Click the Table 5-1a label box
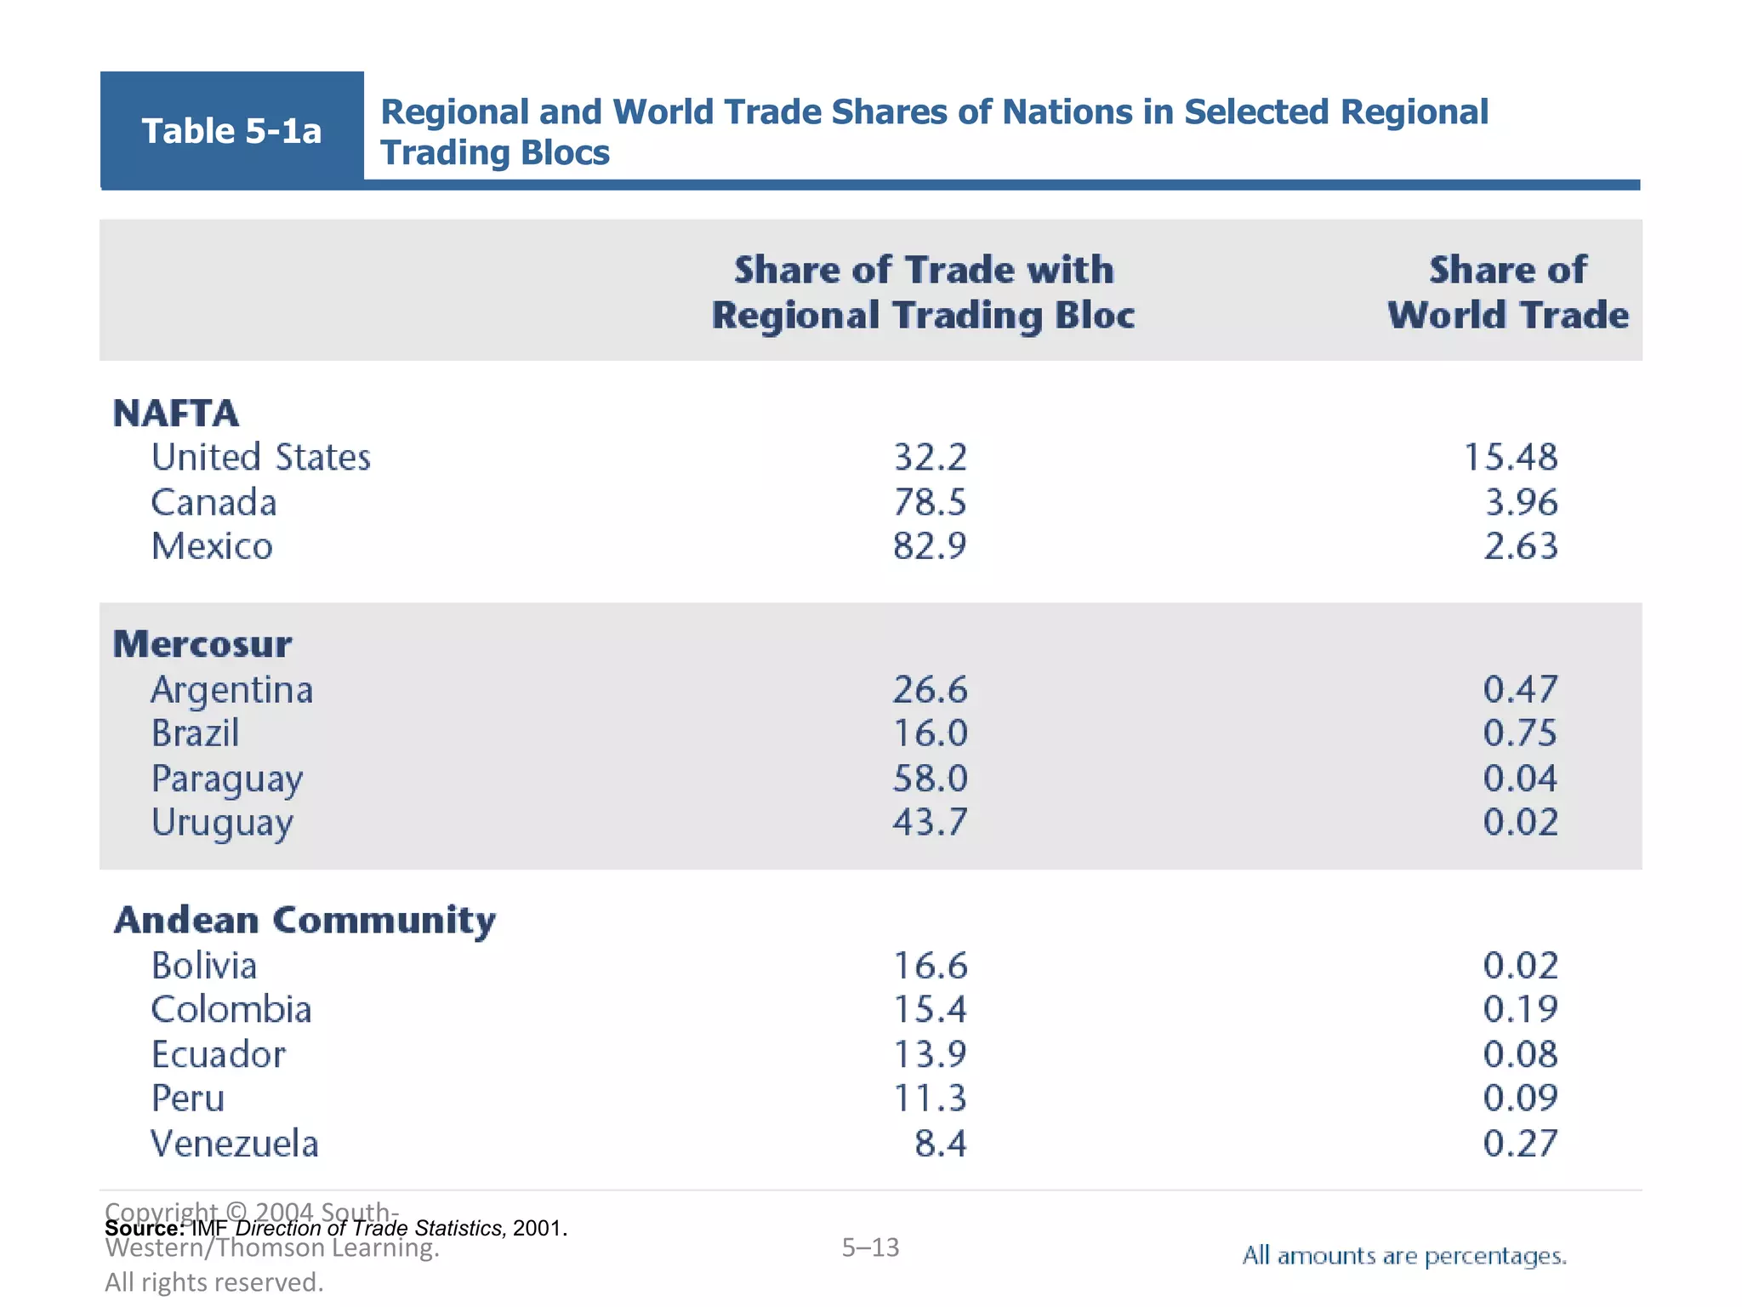pyautogui.click(x=231, y=130)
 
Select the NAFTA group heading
pyautogui.click(x=176, y=414)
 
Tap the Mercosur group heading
pyautogui.click(x=202, y=644)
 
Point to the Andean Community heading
pyautogui.click(x=305, y=921)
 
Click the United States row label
pyautogui.click(x=261, y=458)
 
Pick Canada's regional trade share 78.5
pyautogui.click(x=930, y=502)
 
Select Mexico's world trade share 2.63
pyautogui.click(x=1521, y=546)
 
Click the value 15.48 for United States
pyautogui.click(x=1511, y=458)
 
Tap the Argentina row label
pyautogui.click(x=232, y=690)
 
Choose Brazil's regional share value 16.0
pyautogui.click(x=930, y=733)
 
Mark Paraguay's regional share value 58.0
pyautogui.click(x=930, y=779)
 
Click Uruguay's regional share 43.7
pyautogui.click(x=930, y=822)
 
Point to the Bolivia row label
pyautogui.click(x=204, y=966)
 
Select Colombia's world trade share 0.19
pyautogui.click(x=1521, y=1010)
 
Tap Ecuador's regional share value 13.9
pyautogui.click(x=930, y=1055)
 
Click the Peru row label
pyautogui.click(x=188, y=1099)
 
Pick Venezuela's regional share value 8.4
pyautogui.click(x=941, y=1144)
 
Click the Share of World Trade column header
pyautogui.click(x=1508, y=292)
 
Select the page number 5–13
pyautogui.click(x=870, y=1247)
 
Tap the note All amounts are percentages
pyautogui.click(x=1404, y=1256)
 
